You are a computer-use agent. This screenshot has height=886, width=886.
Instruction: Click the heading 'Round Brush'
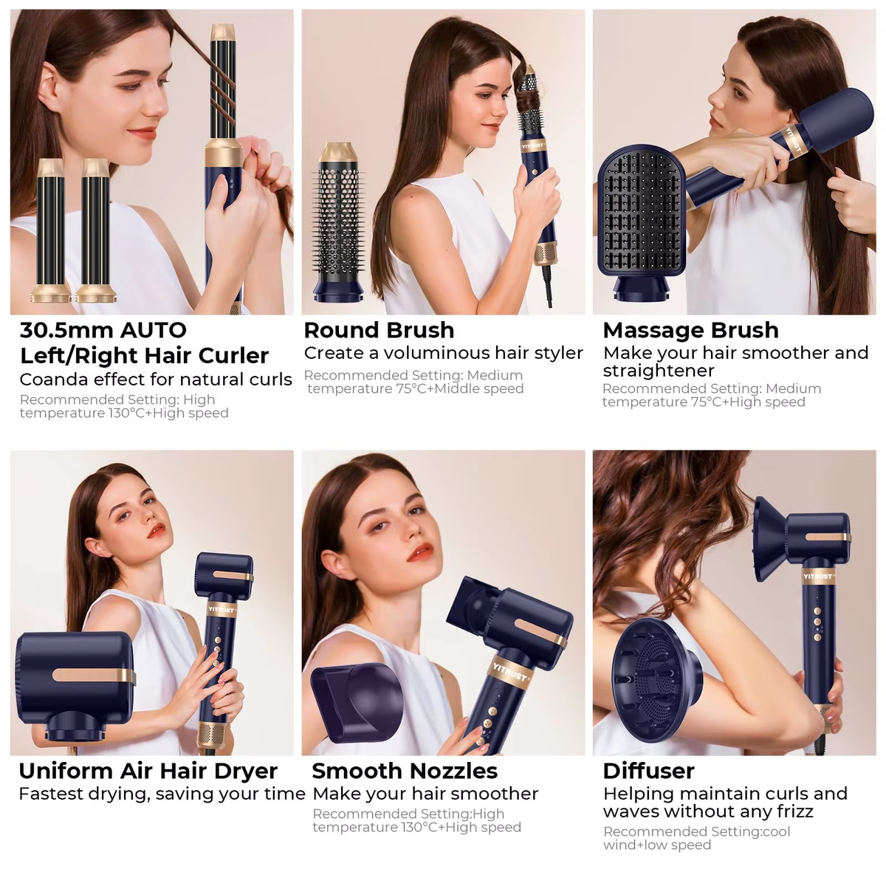pyautogui.click(x=379, y=330)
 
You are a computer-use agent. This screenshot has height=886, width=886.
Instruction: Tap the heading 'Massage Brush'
pyautogui.click(x=690, y=330)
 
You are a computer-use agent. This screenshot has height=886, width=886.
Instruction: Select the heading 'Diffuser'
pyautogui.click(x=648, y=771)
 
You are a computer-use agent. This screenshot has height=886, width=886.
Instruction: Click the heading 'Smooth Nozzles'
pyautogui.click(x=405, y=771)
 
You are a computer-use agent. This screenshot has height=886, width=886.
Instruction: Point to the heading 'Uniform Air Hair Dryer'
pyautogui.click(x=148, y=771)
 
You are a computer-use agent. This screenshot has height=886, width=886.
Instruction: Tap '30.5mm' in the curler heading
pyautogui.click(x=56, y=330)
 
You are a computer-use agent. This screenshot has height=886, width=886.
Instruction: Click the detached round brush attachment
pyautogui.click(x=338, y=221)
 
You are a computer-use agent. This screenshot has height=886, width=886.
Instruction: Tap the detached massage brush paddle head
pyautogui.click(x=641, y=214)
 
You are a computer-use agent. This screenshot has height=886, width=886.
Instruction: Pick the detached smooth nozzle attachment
pyautogui.click(x=357, y=701)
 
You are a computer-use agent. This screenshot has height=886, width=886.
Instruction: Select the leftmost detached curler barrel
pyautogui.click(x=51, y=229)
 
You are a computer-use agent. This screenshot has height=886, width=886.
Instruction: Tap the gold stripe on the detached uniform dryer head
pyautogui.click(x=92, y=675)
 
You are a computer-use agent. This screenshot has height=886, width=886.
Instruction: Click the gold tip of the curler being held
pyautogui.click(x=222, y=32)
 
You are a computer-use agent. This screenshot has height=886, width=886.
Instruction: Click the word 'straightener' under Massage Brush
pyautogui.click(x=659, y=371)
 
